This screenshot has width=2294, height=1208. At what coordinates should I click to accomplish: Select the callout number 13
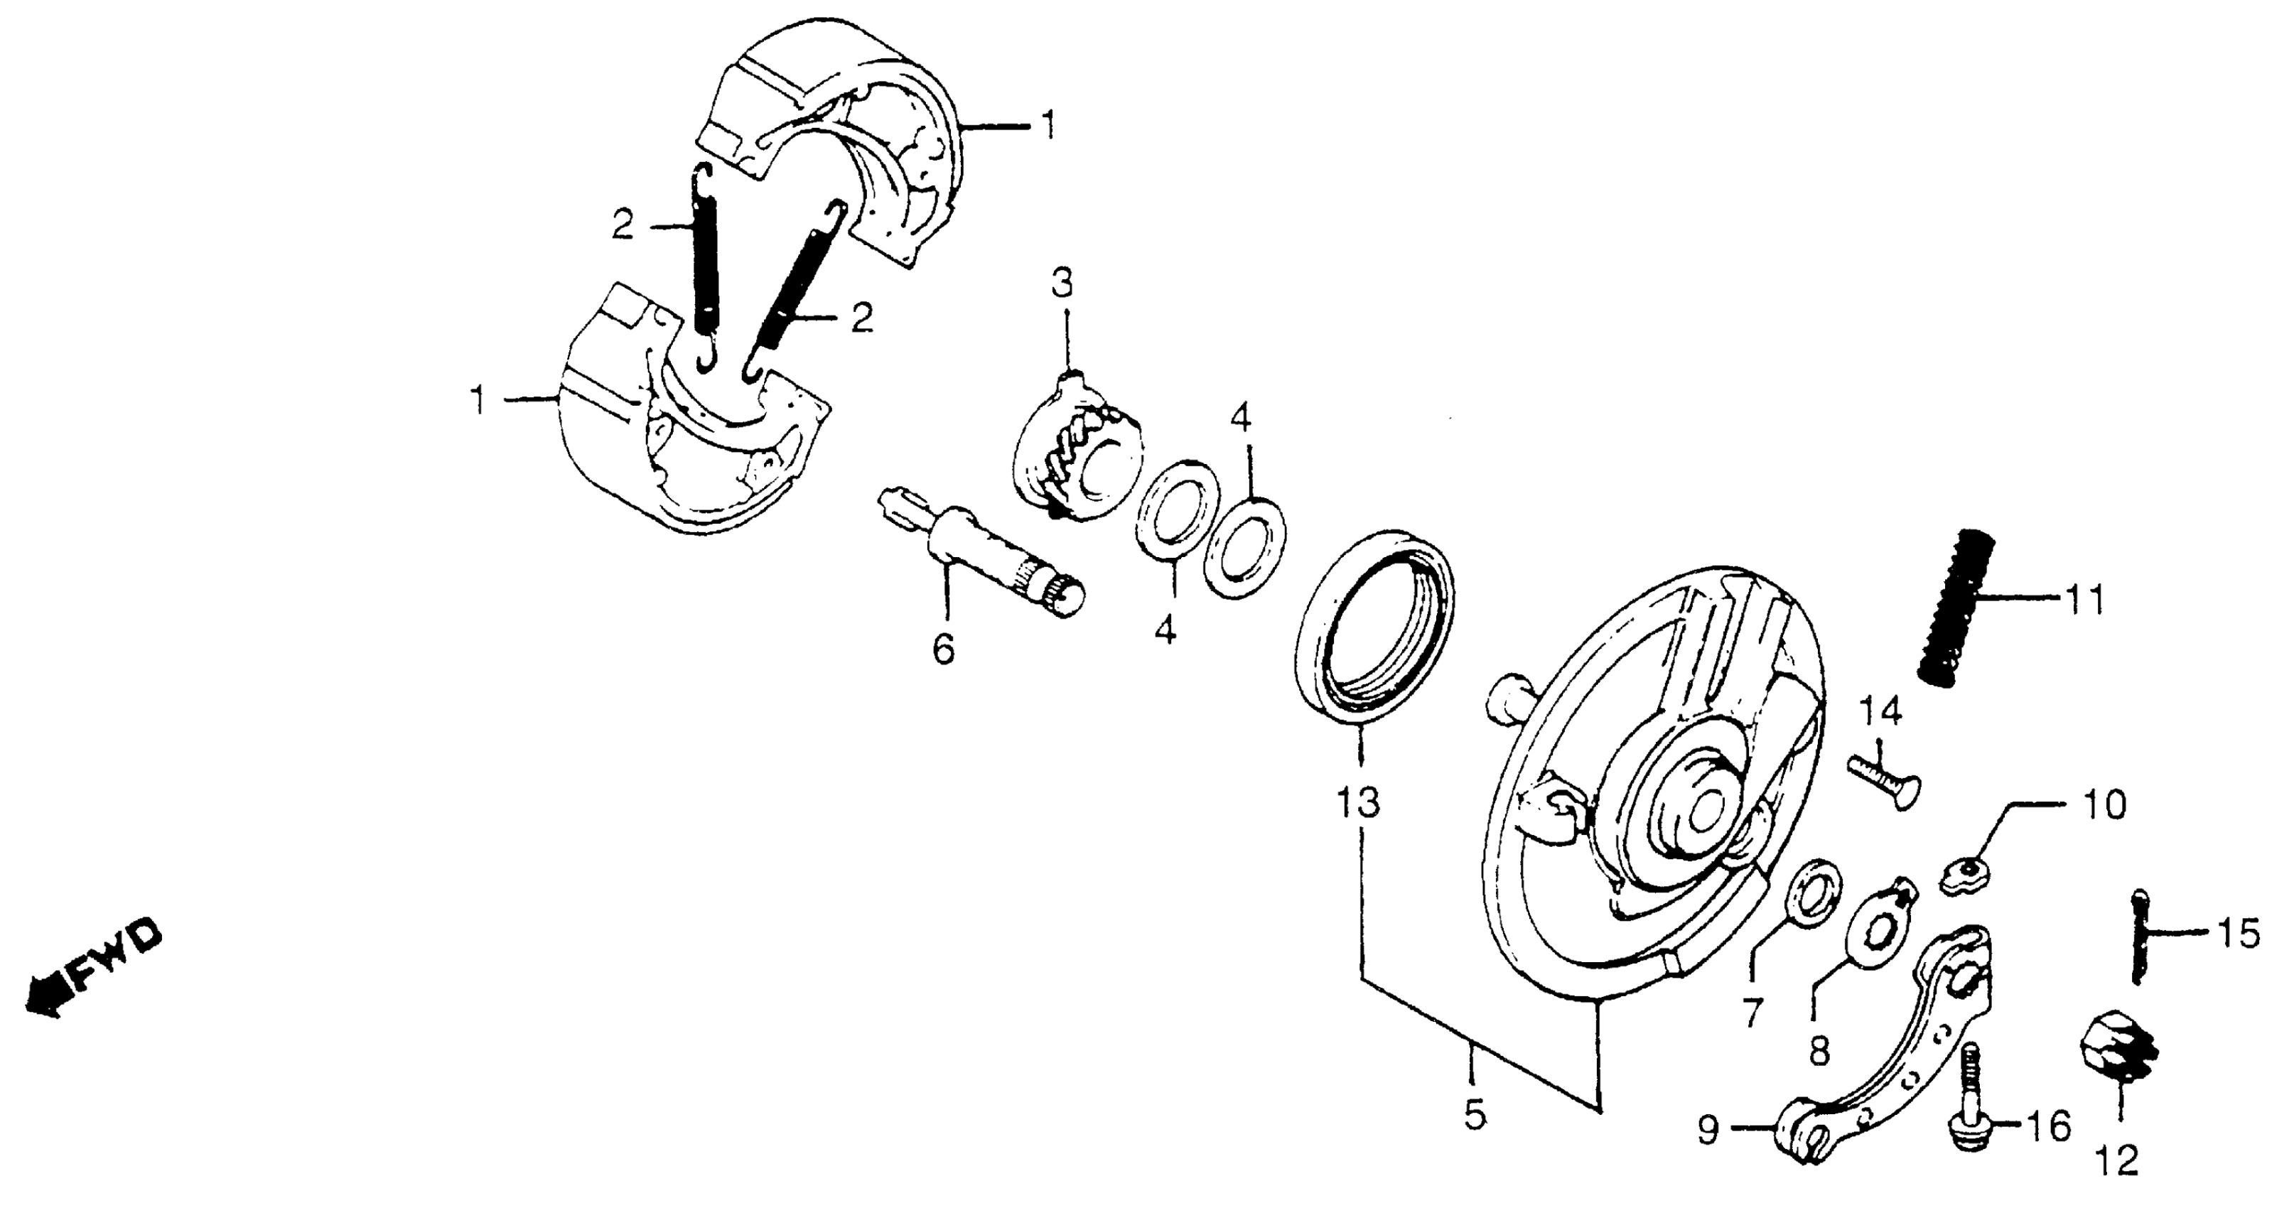[x=1357, y=803]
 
